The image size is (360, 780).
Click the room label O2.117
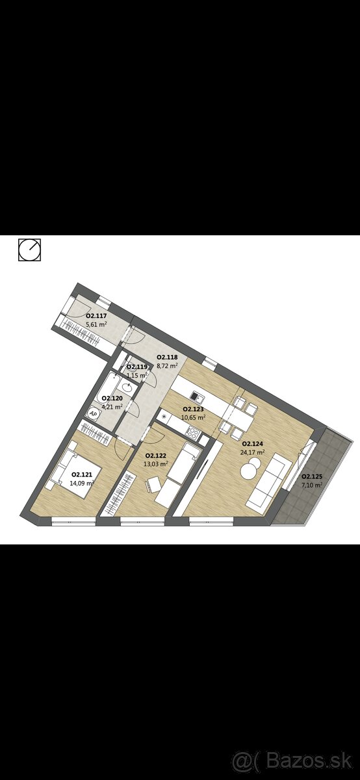click(x=96, y=316)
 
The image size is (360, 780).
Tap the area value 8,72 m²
click(x=168, y=365)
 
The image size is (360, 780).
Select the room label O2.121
click(x=82, y=474)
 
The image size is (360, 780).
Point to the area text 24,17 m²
click(x=252, y=452)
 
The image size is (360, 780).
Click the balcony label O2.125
click(x=312, y=476)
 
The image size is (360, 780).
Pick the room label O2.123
click(x=193, y=409)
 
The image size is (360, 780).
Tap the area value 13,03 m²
click(x=156, y=463)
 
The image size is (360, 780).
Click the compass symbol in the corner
click(x=30, y=250)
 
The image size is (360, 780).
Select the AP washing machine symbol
click(x=93, y=413)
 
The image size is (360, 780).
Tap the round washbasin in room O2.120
click(x=125, y=387)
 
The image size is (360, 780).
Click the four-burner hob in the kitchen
click(x=193, y=432)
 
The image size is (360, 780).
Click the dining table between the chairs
click(x=238, y=417)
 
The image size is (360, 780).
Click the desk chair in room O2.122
click(x=153, y=485)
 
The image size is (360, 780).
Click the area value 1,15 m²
click(x=138, y=375)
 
